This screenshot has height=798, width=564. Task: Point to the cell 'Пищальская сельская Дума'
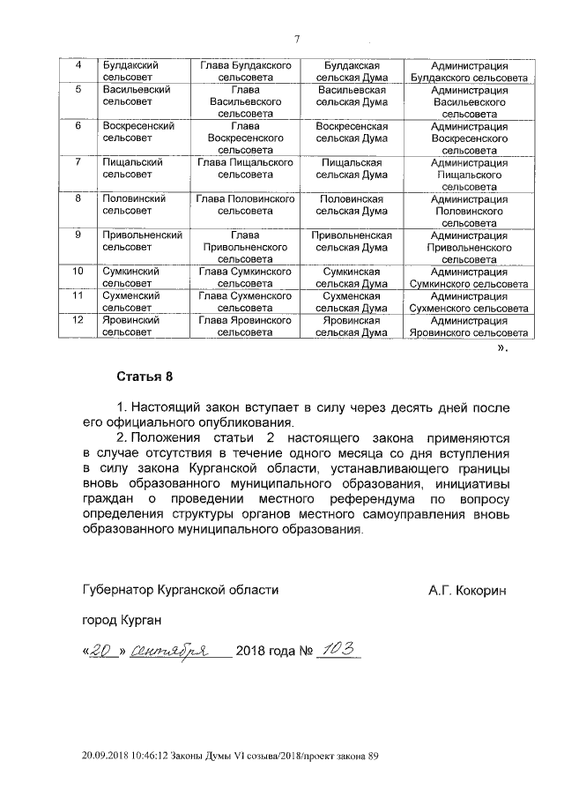(x=352, y=168)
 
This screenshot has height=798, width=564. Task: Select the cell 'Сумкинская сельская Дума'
(x=352, y=278)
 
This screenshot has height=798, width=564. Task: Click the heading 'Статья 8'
(x=139, y=377)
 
